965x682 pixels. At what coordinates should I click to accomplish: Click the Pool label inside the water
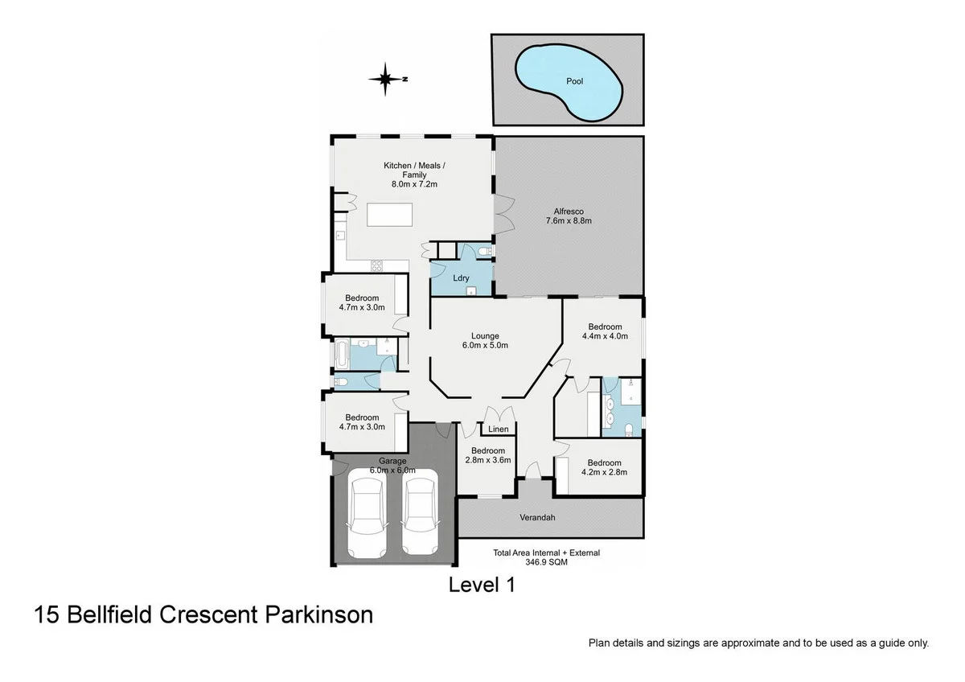point(574,81)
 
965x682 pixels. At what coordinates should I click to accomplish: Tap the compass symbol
point(386,79)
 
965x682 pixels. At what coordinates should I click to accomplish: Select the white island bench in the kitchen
point(390,215)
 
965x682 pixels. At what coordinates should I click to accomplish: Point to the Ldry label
point(461,278)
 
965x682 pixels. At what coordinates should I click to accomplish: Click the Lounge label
point(485,336)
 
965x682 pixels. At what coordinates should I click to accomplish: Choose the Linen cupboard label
point(498,429)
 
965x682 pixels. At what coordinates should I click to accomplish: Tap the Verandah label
point(538,517)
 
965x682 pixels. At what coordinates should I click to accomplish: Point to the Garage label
point(392,461)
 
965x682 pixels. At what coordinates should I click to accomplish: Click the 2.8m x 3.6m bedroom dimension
point(488,461)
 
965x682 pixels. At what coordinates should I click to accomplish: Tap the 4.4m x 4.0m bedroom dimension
point(604,337)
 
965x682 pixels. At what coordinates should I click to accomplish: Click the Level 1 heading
point(482,585)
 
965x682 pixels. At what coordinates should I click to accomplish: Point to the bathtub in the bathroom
point(342,352)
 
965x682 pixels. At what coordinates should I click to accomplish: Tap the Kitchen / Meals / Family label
point(414,175)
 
